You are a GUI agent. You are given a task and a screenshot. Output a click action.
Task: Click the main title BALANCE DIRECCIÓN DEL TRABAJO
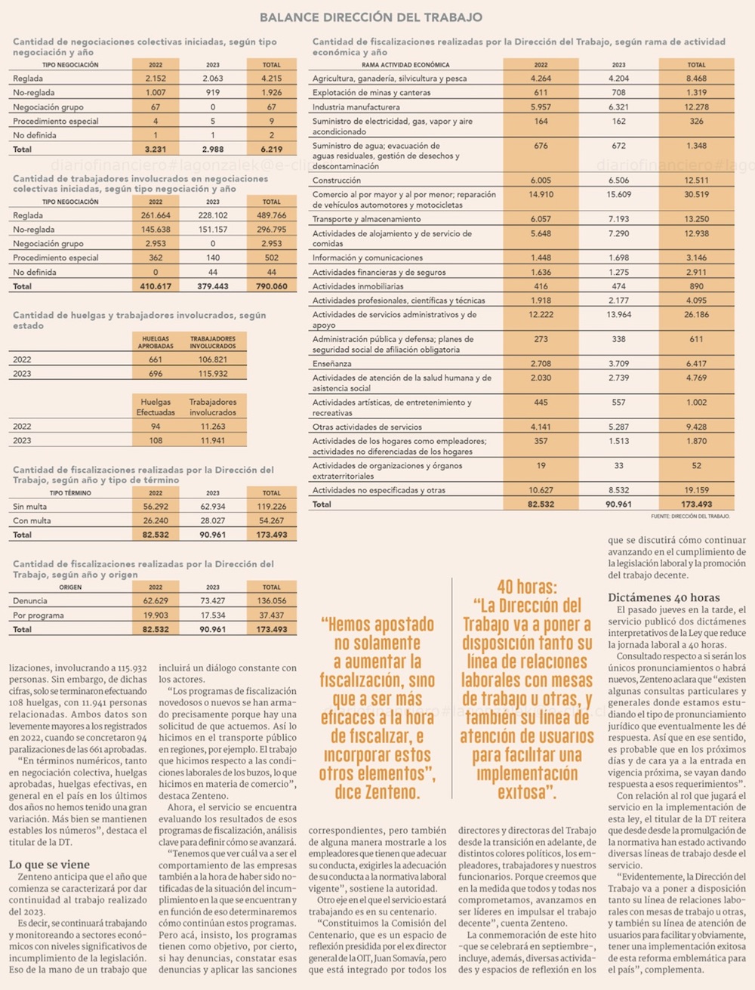click(x=371, y=17)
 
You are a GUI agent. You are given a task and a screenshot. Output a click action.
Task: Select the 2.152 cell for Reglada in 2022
click(x=156, y=79)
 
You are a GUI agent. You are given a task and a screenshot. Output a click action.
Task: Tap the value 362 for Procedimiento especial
click(x=156, y=258)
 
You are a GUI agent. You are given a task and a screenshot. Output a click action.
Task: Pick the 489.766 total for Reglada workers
click(x=271, y=215)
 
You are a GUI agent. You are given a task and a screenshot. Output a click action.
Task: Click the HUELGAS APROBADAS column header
click(x=156, y=342)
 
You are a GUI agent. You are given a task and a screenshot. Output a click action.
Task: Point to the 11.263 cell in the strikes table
click(x=213, y=426)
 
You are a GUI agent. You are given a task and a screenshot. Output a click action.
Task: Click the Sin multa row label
click(x=29, y=507)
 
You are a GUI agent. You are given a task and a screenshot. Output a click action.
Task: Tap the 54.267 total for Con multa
click(x=271, y=520)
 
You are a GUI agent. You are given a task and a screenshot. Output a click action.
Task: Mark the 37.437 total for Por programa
click(x=271, y=615)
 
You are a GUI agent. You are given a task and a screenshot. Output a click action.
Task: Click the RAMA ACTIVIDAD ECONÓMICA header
click(x=405, y=65)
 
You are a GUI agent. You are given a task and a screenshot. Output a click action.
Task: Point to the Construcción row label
click(x=337, y=180)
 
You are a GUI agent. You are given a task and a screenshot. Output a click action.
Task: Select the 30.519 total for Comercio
click(x=696, y=195)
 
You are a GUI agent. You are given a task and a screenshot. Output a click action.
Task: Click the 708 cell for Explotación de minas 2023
click(x=618, y=93)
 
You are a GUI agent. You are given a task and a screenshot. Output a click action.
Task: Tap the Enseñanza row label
click(x=332, y=363)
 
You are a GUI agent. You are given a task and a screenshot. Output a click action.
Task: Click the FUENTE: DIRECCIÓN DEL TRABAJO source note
click(x=690, y=517)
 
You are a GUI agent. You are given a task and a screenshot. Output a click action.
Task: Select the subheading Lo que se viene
click(x=49, y=865)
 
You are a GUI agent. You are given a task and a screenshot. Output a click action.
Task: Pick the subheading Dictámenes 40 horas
click(x=664, y=597)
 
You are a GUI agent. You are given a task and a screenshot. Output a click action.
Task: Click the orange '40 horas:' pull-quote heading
click(x=527, y=587)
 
